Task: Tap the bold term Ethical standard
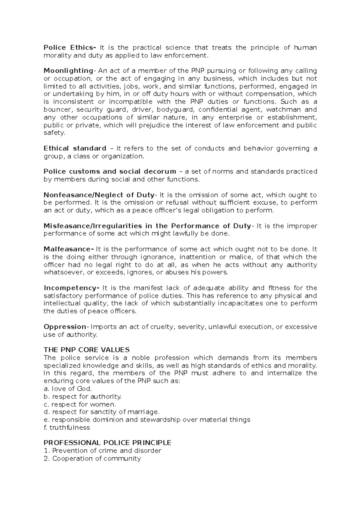point(75,148)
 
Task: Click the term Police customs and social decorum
point(110,172)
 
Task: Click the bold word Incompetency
point(70,288)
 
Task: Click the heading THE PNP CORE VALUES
point(87,350)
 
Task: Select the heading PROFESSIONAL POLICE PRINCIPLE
point(107,443)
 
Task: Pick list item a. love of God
point(68,389)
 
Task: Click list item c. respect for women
point(80,404)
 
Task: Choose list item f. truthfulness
point(67,427)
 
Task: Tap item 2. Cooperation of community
point(92,458)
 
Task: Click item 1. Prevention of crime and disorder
point(103,451)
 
